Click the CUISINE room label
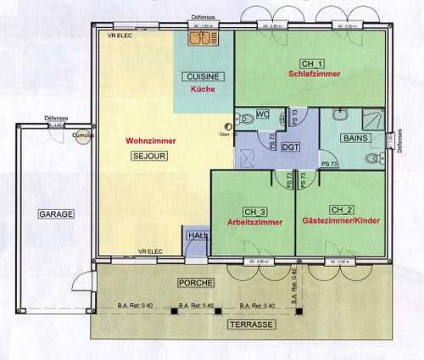click(x=204, y=76)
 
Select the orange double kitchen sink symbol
click(x=204, y=37)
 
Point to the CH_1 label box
click(x=312, y=64)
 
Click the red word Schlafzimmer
click(x=314, y=75)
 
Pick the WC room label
click(x=262, y=114)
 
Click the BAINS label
click(x=354, y=137)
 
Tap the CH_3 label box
click(x=255, y=210)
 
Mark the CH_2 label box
click(x=342, y=209)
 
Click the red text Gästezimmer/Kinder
click(x=340, y=220)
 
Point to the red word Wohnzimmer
click(x=150, y=141)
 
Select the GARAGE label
click(x=55, y=214)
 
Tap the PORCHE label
click(x=195, y=281)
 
